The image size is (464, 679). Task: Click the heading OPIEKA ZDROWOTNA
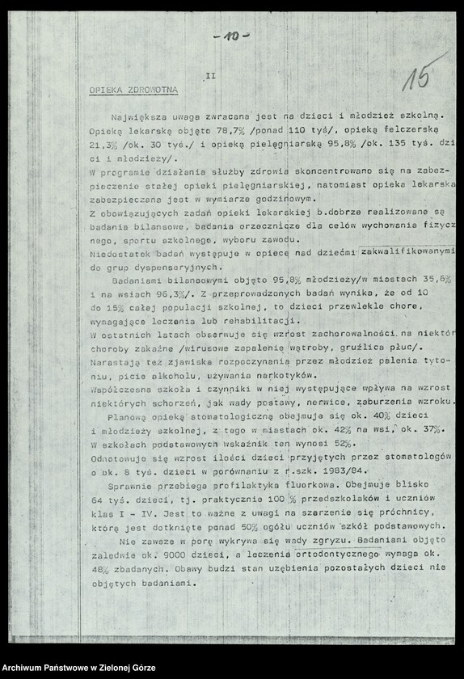click(x=133, y=90)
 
